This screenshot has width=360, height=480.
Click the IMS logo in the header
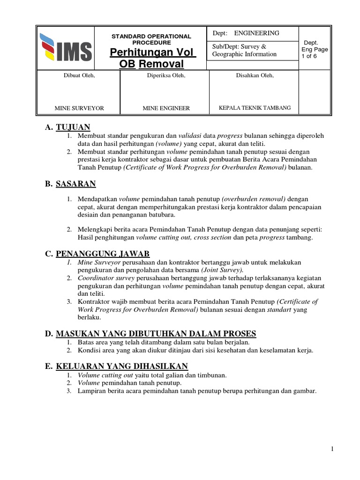pos(66,48)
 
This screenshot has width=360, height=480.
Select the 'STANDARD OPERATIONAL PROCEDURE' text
pos(151,39)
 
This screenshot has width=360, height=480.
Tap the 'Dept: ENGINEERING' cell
pos(246,33)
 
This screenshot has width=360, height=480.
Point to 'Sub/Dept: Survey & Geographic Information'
pos(244,50)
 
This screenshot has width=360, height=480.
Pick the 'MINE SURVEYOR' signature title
pos(79,108)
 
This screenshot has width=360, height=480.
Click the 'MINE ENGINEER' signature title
pos(166,108)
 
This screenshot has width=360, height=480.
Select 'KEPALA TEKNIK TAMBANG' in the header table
pos(255,108)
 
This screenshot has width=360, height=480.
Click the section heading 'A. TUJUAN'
pos(67,127)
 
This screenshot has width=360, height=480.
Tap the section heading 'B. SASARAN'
pos(70,184)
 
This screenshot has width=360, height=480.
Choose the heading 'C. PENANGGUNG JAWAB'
pos(97,254)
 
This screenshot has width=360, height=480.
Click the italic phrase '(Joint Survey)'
pos(222,270)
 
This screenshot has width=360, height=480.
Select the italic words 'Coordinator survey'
pos(100,278)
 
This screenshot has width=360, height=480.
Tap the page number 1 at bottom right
pos(332,449)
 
